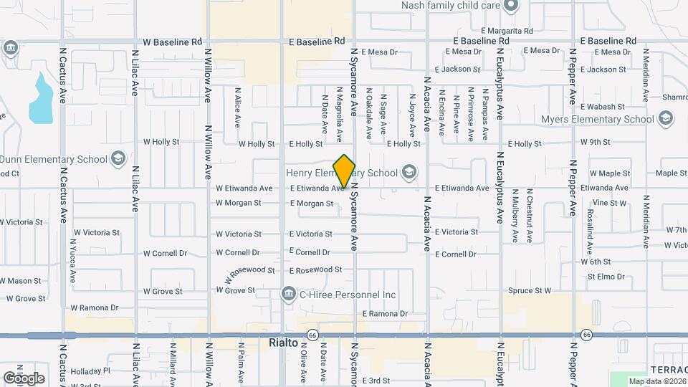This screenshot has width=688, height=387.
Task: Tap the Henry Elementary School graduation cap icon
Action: coord(408,172)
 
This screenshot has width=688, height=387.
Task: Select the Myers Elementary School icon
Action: coord(665,118)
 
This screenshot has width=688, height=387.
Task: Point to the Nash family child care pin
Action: coord(510,6)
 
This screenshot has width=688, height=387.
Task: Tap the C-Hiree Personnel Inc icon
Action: coord(288,294)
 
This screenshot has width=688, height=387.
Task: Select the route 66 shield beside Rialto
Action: coord(312,335)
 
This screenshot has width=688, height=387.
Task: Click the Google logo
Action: coord(24,378)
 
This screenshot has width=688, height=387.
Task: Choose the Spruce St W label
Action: coord(530,290)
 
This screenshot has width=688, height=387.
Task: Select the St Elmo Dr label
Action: coord(606,276)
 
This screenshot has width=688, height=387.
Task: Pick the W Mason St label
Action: coord(21,280)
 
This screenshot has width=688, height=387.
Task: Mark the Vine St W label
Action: coord(609,203)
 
